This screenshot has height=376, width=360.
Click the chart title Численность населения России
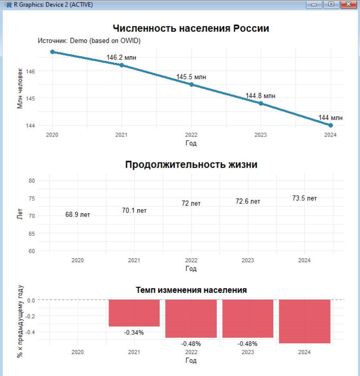click(191, 29)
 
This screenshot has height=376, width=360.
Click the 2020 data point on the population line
click(52, 52)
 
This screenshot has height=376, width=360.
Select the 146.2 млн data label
click(121, 58)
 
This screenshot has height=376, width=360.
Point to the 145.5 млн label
click(191, 77)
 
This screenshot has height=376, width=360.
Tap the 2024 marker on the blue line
click(331, 125)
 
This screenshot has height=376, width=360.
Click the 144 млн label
click(330, 117)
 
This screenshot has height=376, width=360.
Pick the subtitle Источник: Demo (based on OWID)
click(89, 41)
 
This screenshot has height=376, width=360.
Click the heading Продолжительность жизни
click(191, 165)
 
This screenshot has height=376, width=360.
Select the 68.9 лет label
click(77, 215)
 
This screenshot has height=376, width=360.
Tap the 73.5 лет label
click(304, 198)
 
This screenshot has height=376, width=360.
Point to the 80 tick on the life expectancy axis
click(33, 181)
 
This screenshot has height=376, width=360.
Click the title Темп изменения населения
click(191, 290)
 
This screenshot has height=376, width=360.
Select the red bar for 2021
click(134, 313)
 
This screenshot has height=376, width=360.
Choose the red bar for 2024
click(304, 321)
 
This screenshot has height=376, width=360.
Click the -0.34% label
click(134, 332)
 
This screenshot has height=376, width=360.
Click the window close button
click(346, 4)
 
